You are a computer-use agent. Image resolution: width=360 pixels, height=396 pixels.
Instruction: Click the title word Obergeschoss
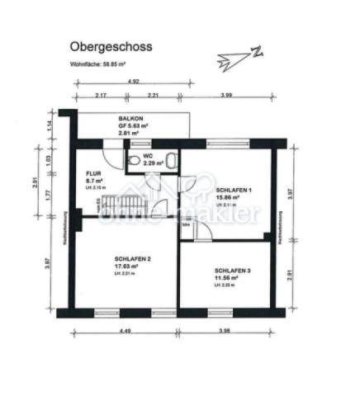pos(111,49)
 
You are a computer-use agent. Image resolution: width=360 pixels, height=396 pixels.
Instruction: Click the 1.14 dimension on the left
pos(49,125)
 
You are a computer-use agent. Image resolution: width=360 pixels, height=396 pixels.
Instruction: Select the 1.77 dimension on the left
pos(49,195)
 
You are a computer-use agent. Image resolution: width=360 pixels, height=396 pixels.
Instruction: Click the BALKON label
pos(131,119)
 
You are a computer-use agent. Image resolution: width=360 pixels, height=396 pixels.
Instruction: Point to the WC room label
pos(148,155)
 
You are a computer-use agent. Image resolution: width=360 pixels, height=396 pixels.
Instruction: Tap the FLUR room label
pos(93,173)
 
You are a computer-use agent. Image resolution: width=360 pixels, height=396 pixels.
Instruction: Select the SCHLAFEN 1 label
pos(233,190)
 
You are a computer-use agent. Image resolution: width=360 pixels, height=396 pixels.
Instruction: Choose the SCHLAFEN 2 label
pos(133,259)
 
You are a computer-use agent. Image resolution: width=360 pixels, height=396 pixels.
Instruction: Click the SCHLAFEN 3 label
pos(232,271)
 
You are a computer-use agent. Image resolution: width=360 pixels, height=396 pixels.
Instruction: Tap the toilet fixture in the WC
pos(169,158)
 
